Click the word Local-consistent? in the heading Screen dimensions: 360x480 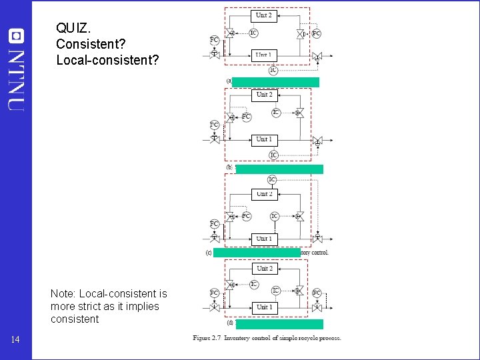107,60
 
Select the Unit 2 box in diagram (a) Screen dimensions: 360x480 264,15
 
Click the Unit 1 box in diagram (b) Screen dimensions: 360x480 264,139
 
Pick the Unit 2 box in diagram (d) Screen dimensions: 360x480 264,269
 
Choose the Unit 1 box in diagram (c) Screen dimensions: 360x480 264,238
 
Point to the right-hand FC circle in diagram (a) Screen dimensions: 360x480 316,33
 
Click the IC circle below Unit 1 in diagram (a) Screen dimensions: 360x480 273,69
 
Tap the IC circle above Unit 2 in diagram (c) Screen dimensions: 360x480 272,179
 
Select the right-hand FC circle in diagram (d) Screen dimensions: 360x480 317,293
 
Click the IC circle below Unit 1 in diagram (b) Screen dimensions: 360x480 273,155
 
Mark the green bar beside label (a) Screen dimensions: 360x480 276,82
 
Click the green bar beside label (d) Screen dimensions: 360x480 279,325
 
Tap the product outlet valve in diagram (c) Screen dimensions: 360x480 317,237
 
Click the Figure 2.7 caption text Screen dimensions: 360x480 267,338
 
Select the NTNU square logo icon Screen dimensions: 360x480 16,35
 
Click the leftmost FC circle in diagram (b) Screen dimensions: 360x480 214,125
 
